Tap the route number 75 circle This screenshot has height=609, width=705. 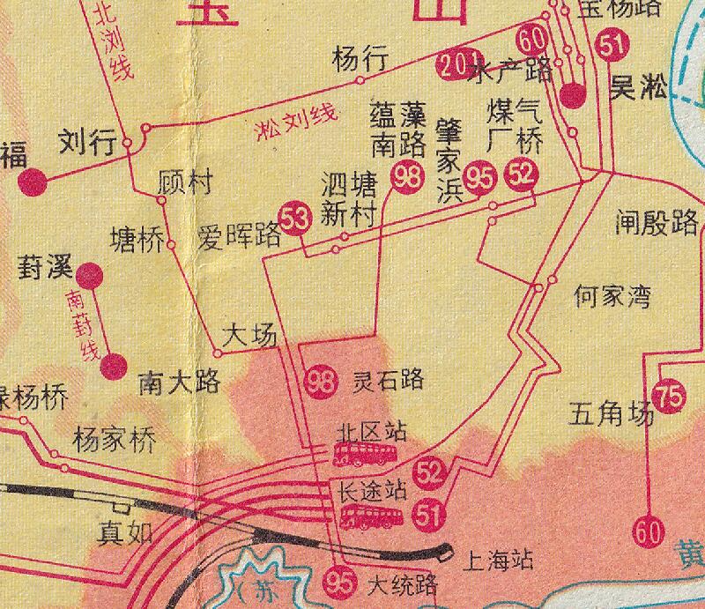(x=670, y=397)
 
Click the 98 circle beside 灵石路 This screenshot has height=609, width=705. (x=322, y=382)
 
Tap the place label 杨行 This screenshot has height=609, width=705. (x=360, y=60)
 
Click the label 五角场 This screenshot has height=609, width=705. (x=612, y=412)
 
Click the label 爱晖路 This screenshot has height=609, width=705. (x=238, y=237)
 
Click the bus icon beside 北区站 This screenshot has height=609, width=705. (x=363, y=455)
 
